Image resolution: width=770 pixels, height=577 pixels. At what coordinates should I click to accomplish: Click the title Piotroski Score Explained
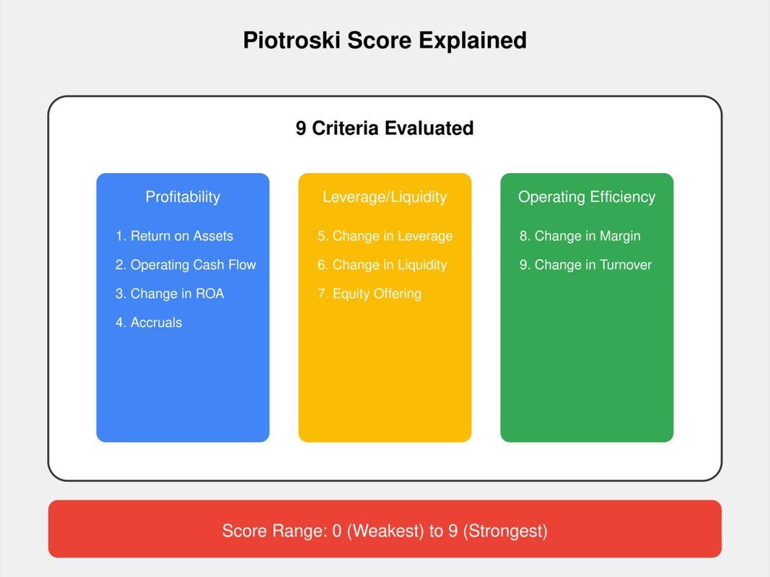coord(385,40)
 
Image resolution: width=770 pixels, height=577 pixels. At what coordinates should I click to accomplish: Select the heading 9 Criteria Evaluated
coord(385,128)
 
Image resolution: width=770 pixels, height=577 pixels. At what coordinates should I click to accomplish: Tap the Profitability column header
coord(183,197)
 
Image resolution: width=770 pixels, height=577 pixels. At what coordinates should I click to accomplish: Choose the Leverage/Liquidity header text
coord(385,197)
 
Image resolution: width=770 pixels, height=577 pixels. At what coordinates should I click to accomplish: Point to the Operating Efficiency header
coord(587,197)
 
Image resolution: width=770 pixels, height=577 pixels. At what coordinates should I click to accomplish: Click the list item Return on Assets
coord(175,236)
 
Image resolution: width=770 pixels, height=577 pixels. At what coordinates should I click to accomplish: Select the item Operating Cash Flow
coord(185,265)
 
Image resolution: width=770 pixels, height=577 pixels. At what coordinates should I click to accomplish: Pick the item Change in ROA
coord(170,294)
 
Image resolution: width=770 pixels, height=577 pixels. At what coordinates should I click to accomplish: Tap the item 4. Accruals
coord(149,322)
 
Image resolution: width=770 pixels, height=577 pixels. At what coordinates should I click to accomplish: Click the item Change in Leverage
coord(385,236)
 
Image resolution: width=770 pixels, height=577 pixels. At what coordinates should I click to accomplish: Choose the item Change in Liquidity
coord(382,265)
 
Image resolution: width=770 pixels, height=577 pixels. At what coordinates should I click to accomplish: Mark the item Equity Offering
coord(369,294)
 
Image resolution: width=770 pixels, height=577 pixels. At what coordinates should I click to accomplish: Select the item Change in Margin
coord(580,236)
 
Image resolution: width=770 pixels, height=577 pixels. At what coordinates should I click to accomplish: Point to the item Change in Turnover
coord(585,265)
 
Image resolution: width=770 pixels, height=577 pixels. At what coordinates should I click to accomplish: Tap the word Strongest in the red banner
coord(504,532)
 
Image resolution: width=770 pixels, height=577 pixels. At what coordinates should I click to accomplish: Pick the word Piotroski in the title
coord(292,40)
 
